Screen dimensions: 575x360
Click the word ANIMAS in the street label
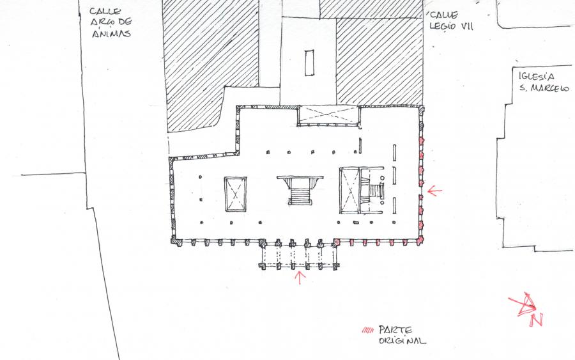(x=111, y=33)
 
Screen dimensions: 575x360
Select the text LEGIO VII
(x=452, y=26)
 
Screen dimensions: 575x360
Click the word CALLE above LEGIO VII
(x=444, y=15)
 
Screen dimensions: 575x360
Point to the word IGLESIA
(x=537, y=76)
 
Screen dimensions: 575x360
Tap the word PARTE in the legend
(x=395, y=329)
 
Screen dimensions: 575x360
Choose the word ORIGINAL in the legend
(x=402, y=341)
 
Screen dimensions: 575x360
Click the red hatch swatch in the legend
(x=368, y=330)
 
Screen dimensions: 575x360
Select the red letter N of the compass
(x=536, y=320)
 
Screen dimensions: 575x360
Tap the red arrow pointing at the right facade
(x=434, y=191)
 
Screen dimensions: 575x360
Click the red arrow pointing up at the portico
(x=300, y=278)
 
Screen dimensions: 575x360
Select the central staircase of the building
(x=300, y=190)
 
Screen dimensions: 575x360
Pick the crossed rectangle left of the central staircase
(x=235, y=194)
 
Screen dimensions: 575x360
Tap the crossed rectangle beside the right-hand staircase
(x=350, y=190)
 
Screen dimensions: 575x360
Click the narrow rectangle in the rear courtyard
(x=309, y=63)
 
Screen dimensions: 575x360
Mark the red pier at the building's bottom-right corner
(x=419, y=240)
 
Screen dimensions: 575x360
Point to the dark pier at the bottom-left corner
(x=176, y=241)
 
